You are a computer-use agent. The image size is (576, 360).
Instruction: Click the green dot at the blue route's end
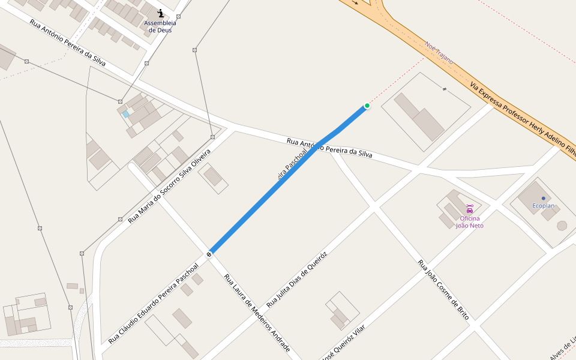point(367,106)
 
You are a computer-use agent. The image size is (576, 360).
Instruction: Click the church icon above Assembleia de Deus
point(160,13)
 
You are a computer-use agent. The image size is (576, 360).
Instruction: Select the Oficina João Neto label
point(469,222)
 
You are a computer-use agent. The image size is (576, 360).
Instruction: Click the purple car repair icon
point(469,209)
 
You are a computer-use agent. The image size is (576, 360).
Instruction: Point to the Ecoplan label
point(543,206)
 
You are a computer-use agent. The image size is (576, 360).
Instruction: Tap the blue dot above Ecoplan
point(543,198)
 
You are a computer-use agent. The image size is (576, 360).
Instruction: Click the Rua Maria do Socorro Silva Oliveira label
point(169,187)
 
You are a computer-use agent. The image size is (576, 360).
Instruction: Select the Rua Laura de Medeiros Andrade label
point(257,313)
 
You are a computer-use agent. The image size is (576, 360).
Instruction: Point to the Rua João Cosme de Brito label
point(443,289)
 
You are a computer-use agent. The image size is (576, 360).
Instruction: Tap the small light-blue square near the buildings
point(125,113)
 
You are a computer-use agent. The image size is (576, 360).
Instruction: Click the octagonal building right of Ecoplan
point(562,226)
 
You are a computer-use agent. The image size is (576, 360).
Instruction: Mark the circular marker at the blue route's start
point(209,254)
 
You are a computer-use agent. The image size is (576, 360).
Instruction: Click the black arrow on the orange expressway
point(355,2)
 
